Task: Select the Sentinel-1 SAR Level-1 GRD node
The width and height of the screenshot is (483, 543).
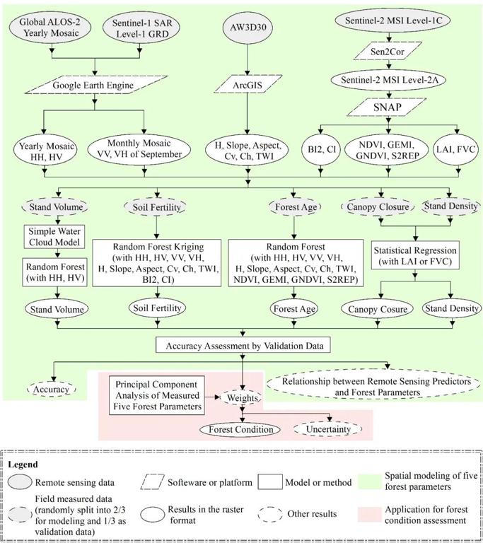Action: tap(141, 28)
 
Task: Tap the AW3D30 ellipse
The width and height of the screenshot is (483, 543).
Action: tap(248, 28)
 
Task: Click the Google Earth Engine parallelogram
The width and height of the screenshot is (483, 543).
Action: tap(96, 85)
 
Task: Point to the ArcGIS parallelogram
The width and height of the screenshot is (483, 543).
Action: tap(248, 85)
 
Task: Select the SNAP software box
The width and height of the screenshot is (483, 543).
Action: tap(387, 107)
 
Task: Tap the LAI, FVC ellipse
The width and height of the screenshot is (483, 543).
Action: tap(455, 150)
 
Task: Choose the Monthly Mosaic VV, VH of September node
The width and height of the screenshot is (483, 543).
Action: tap(139, 149)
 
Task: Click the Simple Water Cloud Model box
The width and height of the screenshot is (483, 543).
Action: tap(54, 237)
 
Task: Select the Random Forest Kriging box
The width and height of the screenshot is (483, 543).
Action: tap(157, 263)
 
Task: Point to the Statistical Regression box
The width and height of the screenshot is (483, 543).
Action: tap(415, 255)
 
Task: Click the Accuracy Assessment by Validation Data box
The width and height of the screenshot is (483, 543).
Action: tap(243, 346)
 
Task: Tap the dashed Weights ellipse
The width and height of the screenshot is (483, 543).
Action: tap(242, 398)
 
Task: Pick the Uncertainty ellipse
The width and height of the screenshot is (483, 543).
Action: tap(327, 429)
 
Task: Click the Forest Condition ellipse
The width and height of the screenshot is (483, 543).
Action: tap(241, 430)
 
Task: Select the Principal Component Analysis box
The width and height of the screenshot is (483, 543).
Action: tap(157, 395)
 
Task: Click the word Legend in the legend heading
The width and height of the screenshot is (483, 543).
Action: tap(23, 464)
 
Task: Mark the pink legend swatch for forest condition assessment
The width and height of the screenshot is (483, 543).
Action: tap(369, 515)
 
